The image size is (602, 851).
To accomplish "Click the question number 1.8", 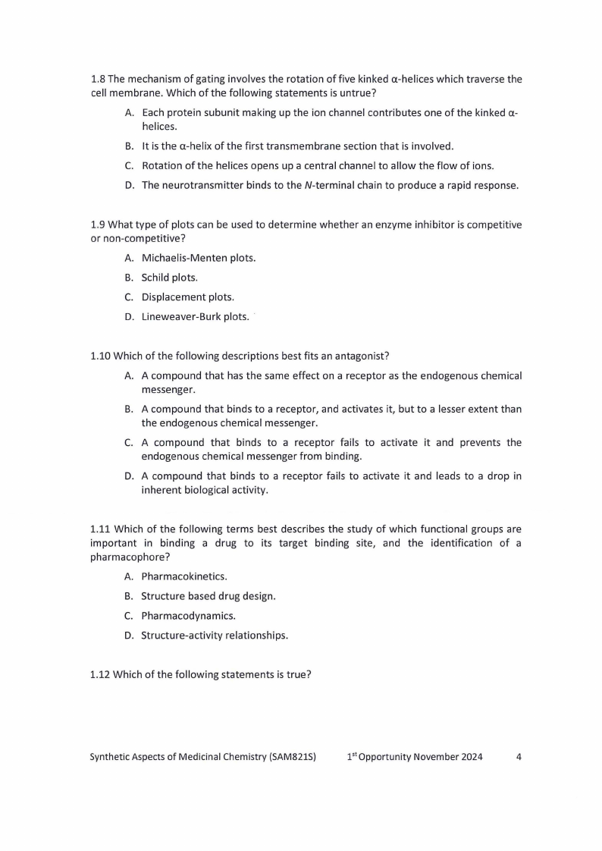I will (x=98, y=79).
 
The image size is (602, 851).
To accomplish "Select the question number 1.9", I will (x=98, y=225).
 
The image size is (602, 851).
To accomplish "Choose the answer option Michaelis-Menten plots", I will (x=198, y=258).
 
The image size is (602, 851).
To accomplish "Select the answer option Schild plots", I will (x=169, y=278).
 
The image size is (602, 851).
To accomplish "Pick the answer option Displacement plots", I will (x=187, y=297).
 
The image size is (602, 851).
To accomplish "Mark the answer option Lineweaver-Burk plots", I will (x=195, y=317).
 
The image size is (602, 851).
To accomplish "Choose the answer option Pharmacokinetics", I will (x=183, y=576).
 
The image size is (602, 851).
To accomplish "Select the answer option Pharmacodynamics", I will (x=188, y=616).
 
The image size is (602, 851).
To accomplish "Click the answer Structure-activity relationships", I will (x=214, y=636).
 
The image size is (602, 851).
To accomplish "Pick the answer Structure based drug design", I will (x=208, y=596).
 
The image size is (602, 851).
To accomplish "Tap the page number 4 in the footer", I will (x=518, y=757).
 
